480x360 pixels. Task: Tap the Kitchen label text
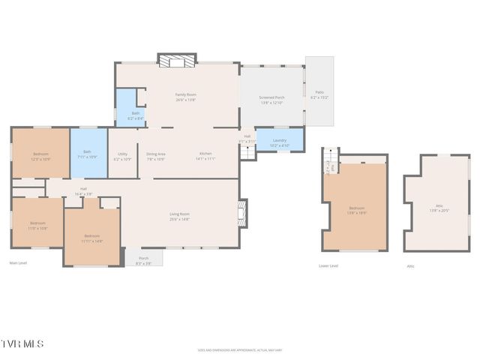point(205,154)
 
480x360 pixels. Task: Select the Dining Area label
point(156,154)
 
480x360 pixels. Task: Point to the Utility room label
point(122,154)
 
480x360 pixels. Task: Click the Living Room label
point(179,214)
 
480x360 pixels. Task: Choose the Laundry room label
point(279,140)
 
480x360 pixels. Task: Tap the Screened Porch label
point(271,97)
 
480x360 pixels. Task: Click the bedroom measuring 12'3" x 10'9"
point(40,156)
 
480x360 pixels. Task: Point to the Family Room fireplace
point(176,61)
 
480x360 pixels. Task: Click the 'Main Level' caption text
point(18,263)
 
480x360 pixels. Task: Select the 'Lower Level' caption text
point(328,265)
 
